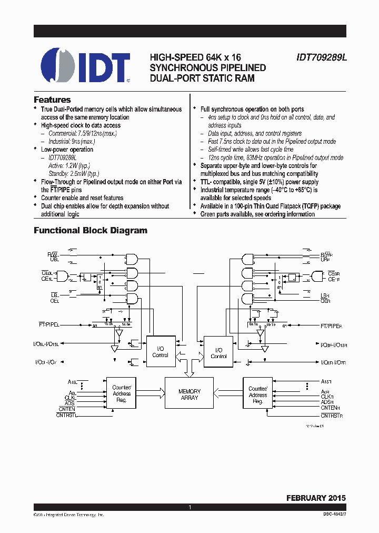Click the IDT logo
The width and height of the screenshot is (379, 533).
click(x=85, y=66)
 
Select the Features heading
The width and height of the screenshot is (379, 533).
click(x=52, y=100)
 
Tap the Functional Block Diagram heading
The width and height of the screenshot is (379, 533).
click(x=91, y=230)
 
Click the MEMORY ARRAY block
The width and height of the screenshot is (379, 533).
click(x=189, y=394)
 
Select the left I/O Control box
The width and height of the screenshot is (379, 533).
click(x=160, y=352)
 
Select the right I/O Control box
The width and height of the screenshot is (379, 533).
click(x=218, y=353)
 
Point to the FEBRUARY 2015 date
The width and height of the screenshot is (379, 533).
click(x=316, y=497)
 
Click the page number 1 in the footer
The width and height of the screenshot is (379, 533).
click(x=189, y=507)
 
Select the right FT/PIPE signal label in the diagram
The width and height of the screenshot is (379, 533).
click(x=331, y=326)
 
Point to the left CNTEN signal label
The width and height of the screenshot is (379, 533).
click(x=67, y=409)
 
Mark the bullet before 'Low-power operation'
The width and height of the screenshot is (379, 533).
click(x=35, y=150)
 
